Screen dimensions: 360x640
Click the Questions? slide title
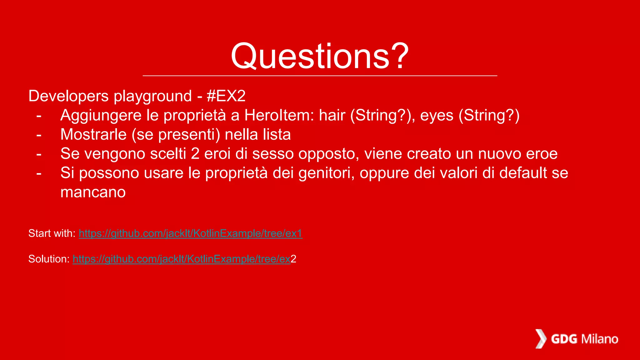(320, 56)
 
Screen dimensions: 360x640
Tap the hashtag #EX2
(226, 96)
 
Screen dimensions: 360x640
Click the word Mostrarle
(93, 135)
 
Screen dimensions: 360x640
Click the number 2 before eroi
(195, 154)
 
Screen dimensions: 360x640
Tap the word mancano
(93, 192)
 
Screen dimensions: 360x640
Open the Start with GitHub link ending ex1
(190, 233)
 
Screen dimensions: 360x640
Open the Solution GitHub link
(181, 259)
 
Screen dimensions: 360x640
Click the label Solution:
(49, 259)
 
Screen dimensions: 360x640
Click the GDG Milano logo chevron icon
(541, 339)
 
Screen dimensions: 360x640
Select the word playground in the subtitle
(152, 96)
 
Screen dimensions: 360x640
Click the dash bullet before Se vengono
(39, 154)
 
